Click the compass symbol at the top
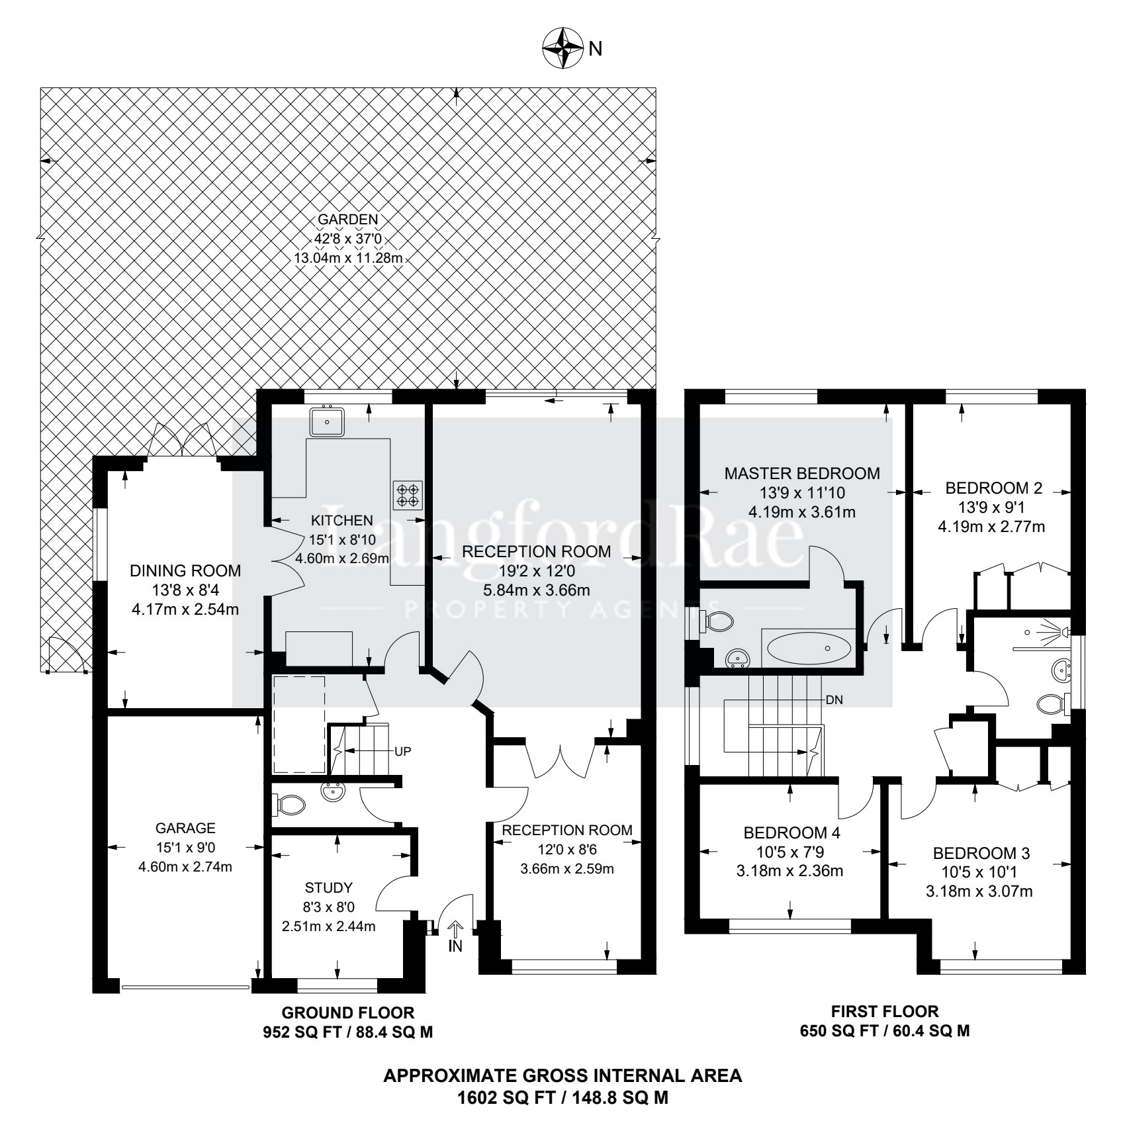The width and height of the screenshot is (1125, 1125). point(562,48)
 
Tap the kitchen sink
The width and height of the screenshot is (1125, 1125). point(326,422)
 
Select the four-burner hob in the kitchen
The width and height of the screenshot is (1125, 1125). point(408,495)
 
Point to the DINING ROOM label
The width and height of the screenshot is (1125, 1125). point(185,570)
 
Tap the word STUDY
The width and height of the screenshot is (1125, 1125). point(329,888)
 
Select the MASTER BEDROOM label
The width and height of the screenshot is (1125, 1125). point(802,474)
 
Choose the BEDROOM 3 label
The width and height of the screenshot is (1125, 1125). point(981,853)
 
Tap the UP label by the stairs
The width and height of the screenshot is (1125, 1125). point(403,751)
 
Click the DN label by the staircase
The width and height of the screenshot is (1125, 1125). point(834,699)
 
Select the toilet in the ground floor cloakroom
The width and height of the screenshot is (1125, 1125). point(289,805)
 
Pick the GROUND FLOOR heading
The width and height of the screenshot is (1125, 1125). point(348,1012)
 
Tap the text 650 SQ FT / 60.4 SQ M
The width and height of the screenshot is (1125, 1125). point(885,1031)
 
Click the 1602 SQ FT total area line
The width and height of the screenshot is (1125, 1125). point(563,1099)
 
